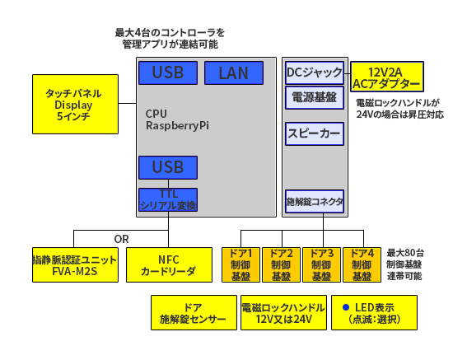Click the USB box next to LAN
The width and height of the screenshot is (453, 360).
click(x=168, y=72)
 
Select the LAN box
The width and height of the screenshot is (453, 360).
click(x=233, y=72)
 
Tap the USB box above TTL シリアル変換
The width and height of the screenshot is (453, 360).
click(x=168, y=167)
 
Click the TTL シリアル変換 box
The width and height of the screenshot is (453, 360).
click(x=168, y=200)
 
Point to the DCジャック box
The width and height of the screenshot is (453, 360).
click(x=313, y=73)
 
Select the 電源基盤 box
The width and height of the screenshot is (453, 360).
click(x=313, y=98)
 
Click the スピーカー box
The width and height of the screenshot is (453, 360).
click(x=313, y=133)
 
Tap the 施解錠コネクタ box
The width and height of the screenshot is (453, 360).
click(x=314, y=201)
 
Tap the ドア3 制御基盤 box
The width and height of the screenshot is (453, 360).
click(x=321, y=264)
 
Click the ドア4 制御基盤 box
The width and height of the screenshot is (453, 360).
click(x=362, y=264)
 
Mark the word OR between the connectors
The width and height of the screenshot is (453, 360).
click(x=122, y=239)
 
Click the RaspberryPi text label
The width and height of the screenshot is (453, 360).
click(x=177, y=126)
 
